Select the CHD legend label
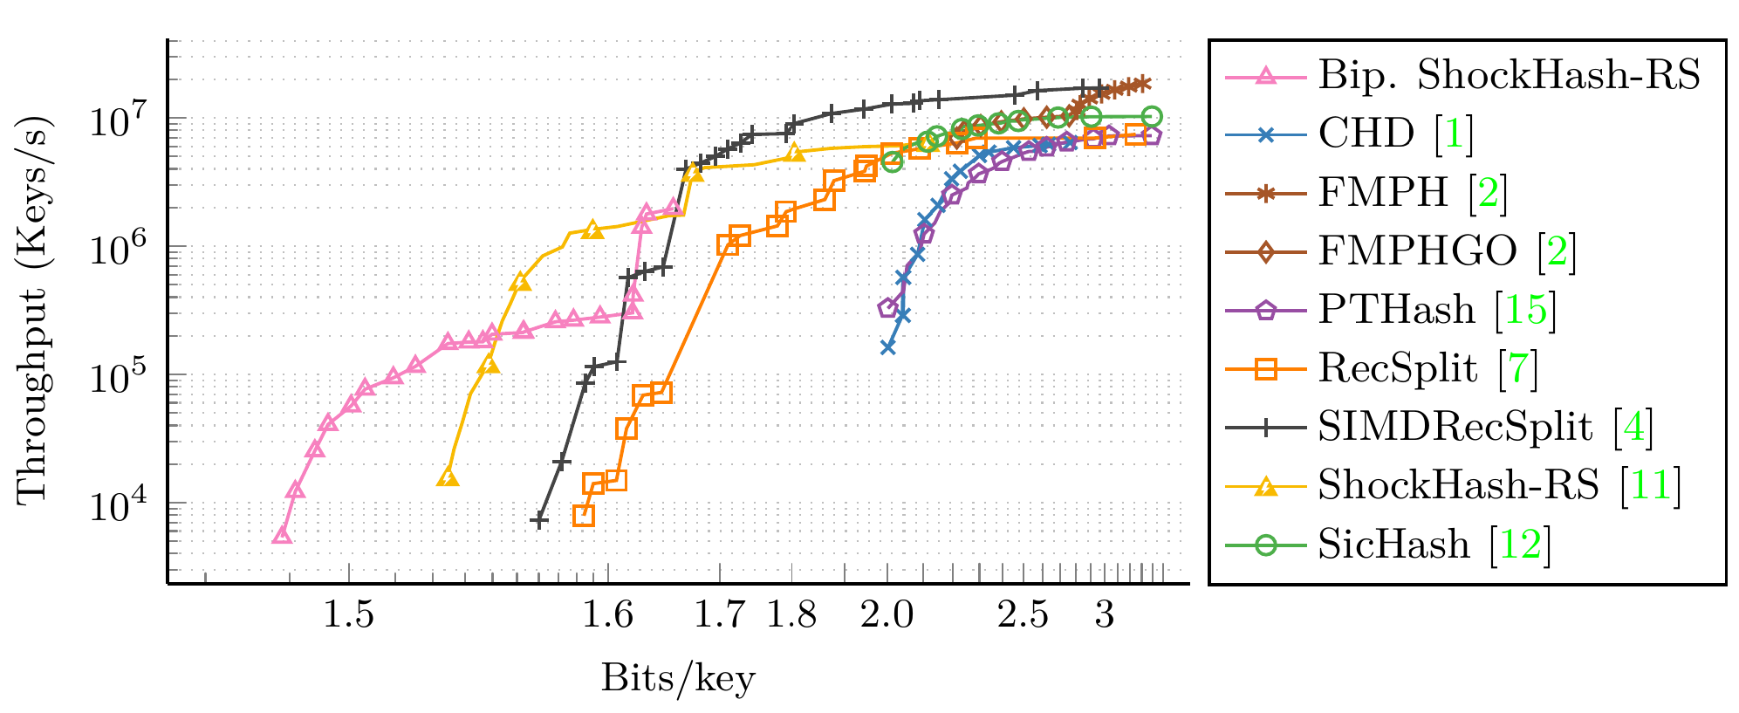pyautogui.click(x=1366, y=134)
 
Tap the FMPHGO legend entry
pyautogui.click(x=1417, y=251)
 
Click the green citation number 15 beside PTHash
pyautogui.click(x=1525, y=310)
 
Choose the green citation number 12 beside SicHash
pyautogui.click(x=1519, y=544)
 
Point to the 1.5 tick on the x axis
pyautogui.click(x=348, y=615)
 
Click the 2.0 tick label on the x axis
pyautogui.click(x=887, y=615)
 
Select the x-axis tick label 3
pyautogui.click(x=1104, y=615)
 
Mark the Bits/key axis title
pyautogui.click(x=677, y=678)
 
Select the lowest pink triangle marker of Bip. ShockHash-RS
pyautogui.click(x=281, y=535)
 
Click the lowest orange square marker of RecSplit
pyautogui.click(x=584, y=515)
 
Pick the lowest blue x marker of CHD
pyautogui.click(x=888, y=347)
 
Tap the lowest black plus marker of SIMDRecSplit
pyautogui.click(x=539, y=520)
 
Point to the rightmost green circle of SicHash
pyautogui.click(x=1152, y=116)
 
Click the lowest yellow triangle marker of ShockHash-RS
pyautogui.click(x=448, y=477)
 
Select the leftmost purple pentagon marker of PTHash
pyautogui.click(x=887, y=307)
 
